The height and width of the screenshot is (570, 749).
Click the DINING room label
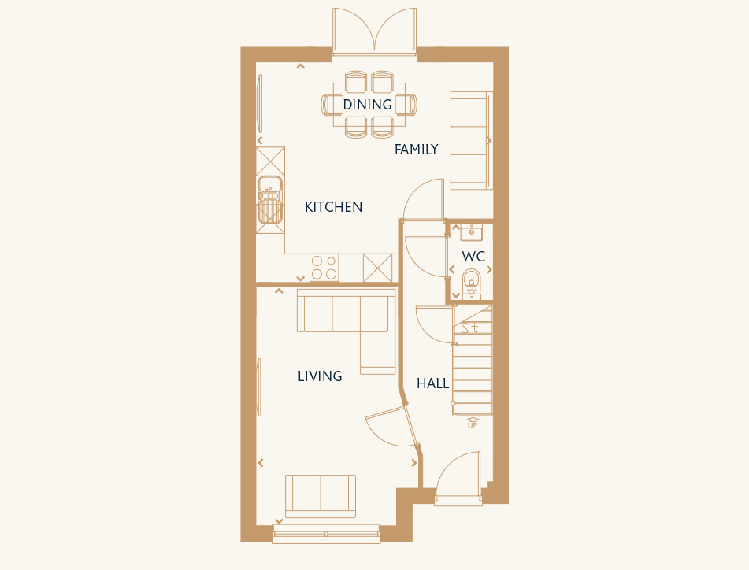367,105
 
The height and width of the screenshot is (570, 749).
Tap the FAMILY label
416,150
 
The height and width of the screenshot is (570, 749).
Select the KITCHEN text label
333,207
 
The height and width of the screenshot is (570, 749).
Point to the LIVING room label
320,376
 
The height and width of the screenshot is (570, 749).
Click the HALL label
432,383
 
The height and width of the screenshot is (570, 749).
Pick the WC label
473,257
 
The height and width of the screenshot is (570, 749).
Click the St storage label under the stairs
469,328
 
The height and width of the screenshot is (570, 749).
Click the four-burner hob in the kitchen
324,268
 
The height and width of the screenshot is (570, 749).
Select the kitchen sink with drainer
270,200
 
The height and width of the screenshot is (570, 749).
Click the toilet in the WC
472,283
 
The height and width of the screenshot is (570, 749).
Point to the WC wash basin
472,232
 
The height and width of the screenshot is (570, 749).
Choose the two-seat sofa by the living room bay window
321,496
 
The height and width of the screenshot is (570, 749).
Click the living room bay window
326,534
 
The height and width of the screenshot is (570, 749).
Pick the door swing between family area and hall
424,199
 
